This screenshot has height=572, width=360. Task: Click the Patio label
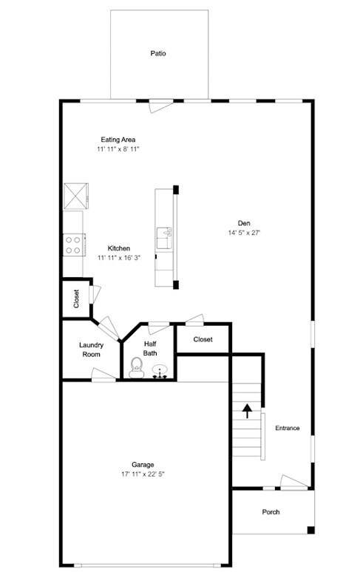(157, 53)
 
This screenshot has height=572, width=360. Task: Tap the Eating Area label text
(118, 139)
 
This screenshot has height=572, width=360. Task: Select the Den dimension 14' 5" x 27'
(244, 233)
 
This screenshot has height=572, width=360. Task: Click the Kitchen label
(119, 248)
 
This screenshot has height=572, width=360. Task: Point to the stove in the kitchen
(72, 244)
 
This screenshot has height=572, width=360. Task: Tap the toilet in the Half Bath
(135, 367)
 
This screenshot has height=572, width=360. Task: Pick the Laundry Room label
(91, 349)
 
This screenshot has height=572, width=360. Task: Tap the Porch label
(271, 512)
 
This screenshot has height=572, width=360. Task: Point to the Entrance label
(288, 428)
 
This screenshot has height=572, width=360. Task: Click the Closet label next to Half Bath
(203, 339)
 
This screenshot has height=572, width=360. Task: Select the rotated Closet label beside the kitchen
(76, 299)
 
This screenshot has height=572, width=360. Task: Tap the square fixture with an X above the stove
(75, 195)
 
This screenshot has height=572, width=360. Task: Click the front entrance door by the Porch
(292, 482)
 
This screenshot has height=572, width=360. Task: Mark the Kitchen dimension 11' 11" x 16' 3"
(119, 258)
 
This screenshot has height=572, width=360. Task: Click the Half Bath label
(150, 348)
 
